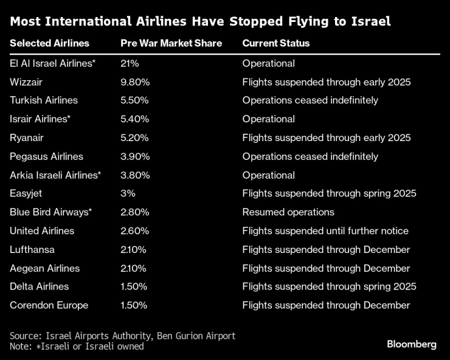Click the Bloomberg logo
point(412,344)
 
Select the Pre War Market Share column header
point(171,43)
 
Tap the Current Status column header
point(275,43)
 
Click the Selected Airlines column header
point(49,43)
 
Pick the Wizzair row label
point(26,81)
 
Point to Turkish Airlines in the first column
point(44,100)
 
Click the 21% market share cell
point(131,63)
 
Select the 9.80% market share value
point(134,81)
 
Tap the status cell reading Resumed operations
point(288,212)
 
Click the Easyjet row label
point(26,193)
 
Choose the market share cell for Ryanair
point(134,137)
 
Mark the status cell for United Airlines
point(325,231)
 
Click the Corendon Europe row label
point(49,305)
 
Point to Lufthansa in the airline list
point(32,249)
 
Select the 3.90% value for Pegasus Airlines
point(134,156)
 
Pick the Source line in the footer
point(122,336)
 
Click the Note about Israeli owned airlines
point(77,346)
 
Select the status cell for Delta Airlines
point(329,286)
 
